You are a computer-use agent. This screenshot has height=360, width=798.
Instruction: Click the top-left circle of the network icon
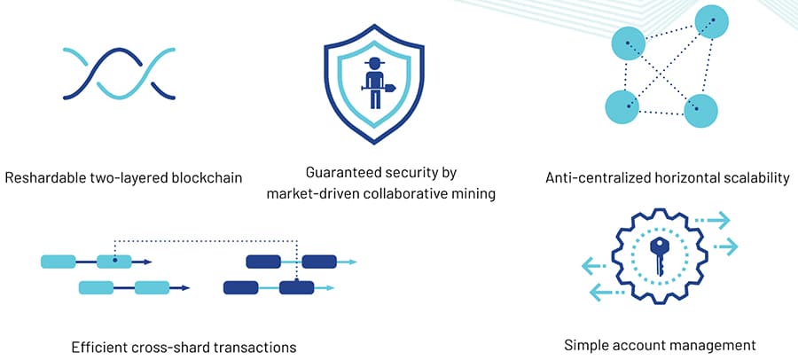pyautogui.click(x=628, y=43)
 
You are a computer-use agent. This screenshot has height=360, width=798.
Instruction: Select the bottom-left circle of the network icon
pyautogui.click(x=622, y=106)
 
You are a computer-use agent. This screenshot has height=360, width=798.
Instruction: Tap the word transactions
pyautogui.click(x=254, y=345)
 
